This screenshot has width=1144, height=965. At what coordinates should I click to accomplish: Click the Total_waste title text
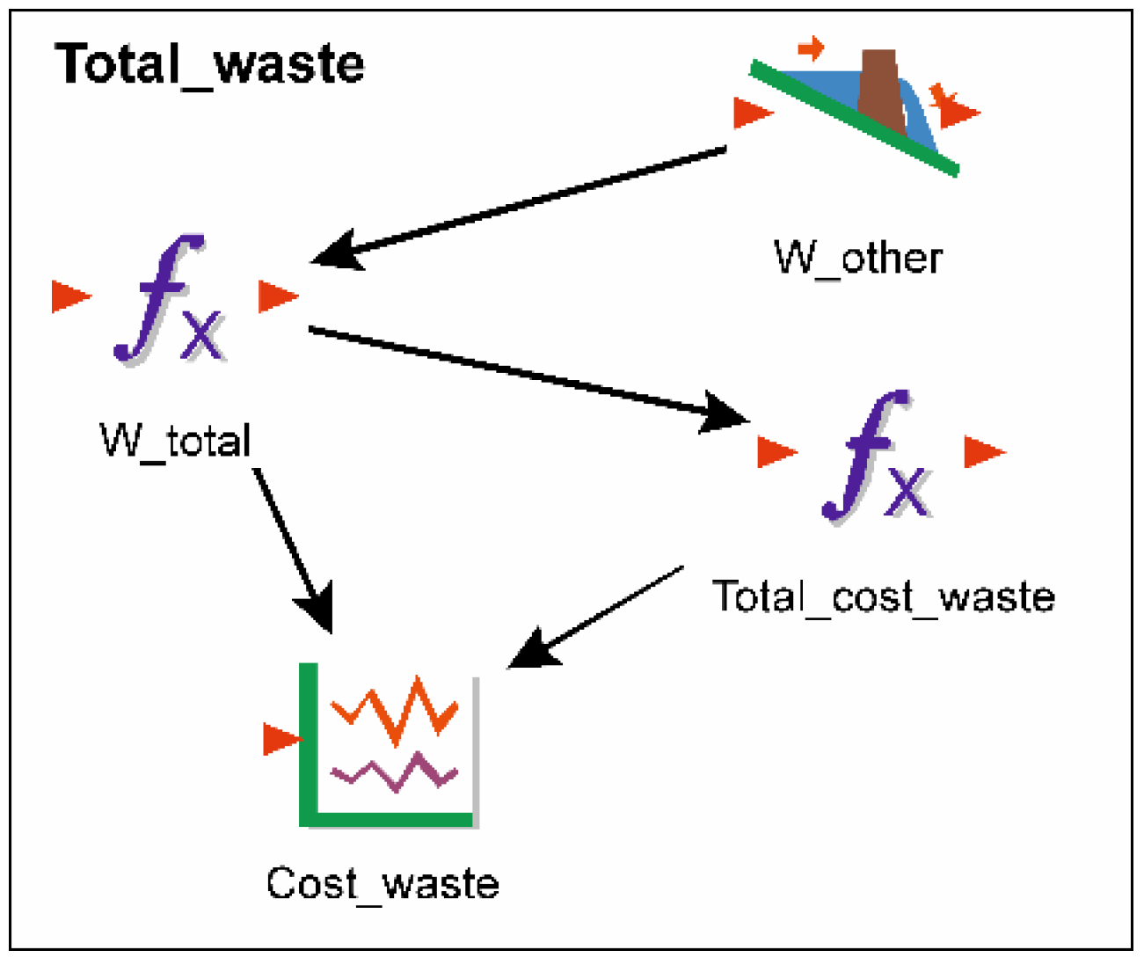[209, 64]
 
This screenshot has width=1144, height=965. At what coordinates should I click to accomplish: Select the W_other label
[857, 258]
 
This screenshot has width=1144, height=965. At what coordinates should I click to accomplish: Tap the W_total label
[176, 440]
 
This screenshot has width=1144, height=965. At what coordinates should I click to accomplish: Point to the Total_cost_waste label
[883, 596]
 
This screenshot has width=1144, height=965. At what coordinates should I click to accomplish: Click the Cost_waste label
[383, 883]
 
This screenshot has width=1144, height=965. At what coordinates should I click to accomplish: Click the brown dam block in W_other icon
[880, 92]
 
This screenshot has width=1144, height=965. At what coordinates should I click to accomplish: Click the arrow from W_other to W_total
[519, 203]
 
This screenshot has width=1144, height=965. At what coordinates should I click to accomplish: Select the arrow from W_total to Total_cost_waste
[528, 373]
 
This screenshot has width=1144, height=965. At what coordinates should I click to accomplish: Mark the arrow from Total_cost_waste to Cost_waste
[598, 616]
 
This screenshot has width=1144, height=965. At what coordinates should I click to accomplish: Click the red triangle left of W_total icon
[69, 296]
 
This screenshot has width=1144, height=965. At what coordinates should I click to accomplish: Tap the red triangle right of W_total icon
[277, 296]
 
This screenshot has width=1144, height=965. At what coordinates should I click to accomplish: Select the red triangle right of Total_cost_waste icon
[982, 452]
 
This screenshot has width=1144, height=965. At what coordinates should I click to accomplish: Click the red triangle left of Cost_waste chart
[281, 739]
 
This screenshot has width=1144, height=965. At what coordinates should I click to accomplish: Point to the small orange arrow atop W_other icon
[811, 48]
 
